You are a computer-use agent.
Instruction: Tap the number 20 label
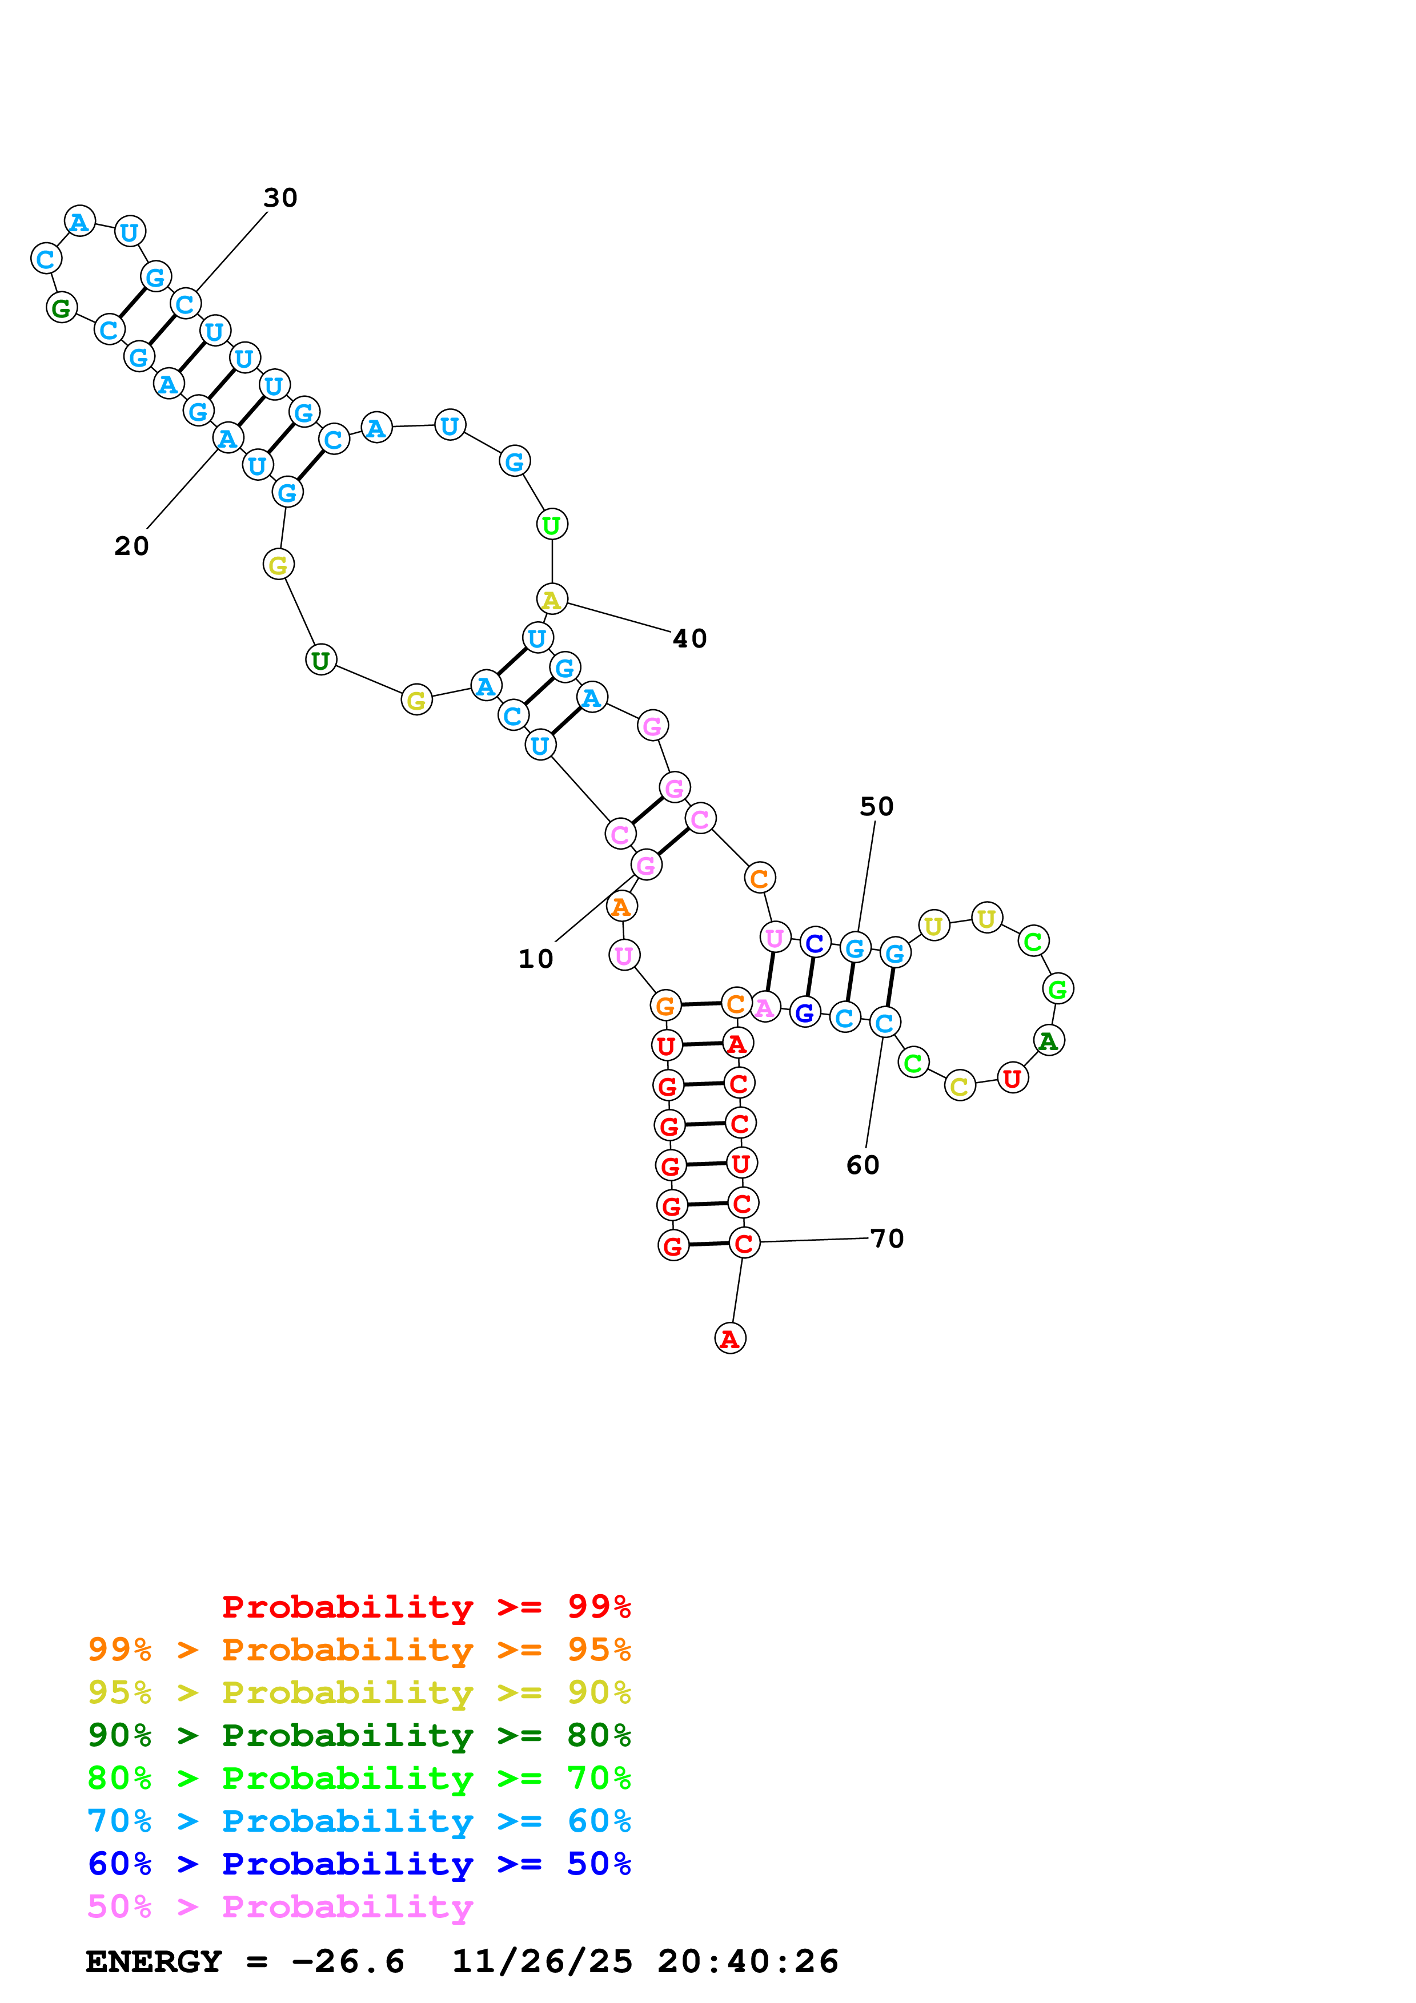click(x=132, y=546)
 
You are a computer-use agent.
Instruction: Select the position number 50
click(x=876, y=806)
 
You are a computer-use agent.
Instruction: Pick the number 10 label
click(x=536, y=959)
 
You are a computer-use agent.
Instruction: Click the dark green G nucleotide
click(x=61, y=307)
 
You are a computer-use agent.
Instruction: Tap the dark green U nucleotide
click(x=321, y=661)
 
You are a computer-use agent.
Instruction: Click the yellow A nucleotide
click(x=551, y=600)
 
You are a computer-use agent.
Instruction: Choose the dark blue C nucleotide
click(x=815, y=943)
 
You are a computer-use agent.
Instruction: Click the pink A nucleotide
click(x=764, y=1008)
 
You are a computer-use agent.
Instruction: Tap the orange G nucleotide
click(x=665, y=1006)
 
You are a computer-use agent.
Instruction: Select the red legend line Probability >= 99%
click(x=426, y=1606)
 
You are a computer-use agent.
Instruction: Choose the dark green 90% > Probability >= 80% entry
click(x=359, y=1735)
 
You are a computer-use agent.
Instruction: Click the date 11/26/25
click(x=542, y=1961)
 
